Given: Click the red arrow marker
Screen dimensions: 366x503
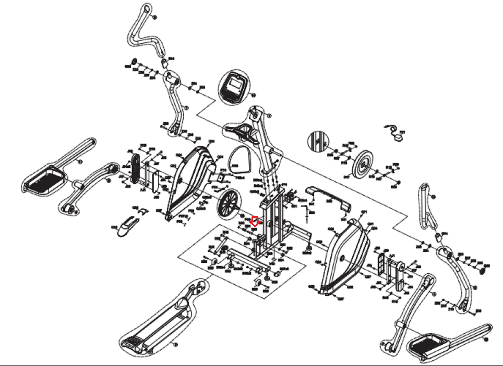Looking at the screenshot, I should coord(255,222).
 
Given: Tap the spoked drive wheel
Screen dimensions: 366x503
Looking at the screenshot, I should coord(229,204).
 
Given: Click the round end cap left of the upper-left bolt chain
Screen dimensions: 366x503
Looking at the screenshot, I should coord(134,61).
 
